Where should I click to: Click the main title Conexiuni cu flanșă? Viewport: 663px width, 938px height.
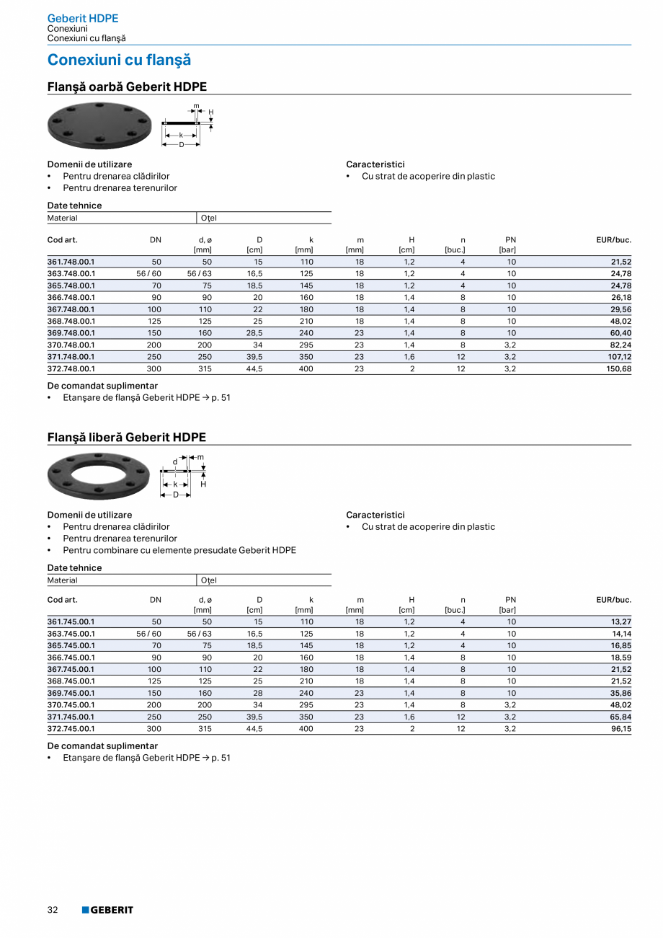(119, 61)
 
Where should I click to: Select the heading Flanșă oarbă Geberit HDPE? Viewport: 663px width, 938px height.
(127, 87)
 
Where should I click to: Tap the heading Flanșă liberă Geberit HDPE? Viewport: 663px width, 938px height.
(126, 438)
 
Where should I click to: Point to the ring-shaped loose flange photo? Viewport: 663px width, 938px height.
(99, 477)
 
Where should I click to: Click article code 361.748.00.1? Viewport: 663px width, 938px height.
(71, 262)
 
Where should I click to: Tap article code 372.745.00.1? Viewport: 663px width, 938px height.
(71, 729)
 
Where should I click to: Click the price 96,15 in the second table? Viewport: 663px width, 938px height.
(620, 729)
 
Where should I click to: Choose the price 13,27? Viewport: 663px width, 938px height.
(620, 621)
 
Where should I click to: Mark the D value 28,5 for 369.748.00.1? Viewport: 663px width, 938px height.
(254, 333)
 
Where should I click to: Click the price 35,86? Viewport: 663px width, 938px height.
(620, 693)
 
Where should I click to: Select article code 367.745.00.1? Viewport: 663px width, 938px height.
(71, 669)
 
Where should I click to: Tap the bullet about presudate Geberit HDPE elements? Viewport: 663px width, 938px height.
(179, 550)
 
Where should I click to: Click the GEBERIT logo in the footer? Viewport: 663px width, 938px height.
(107, 910)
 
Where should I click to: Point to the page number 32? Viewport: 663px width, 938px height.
(53, 910)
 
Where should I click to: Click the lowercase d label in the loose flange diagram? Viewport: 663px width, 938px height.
(174, 461)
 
